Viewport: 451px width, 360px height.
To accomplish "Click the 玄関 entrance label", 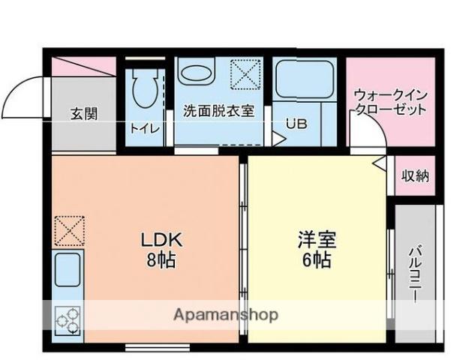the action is pos(84,114).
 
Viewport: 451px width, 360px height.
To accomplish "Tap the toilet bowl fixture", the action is pos(146,85).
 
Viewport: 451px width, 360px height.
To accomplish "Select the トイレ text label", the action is pos(144,128).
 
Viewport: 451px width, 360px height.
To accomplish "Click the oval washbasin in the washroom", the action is pos(196,73).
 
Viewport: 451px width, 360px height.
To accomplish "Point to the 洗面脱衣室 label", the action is pos(218,111).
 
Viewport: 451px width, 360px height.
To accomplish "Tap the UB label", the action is pos(296,124).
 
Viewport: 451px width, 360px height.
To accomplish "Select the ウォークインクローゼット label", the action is pos(390,102).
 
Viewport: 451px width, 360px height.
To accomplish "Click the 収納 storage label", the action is pos(415,175).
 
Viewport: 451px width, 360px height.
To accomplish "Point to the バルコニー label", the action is pos(415,275).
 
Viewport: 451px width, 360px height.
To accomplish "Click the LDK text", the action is pos(161,239).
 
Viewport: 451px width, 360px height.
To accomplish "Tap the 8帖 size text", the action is pos(161,260).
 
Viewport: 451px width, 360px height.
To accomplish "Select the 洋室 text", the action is pos(317,239).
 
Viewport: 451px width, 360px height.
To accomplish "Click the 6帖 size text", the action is pos(317,260).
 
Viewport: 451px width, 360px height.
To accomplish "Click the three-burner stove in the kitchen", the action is pos(68,320).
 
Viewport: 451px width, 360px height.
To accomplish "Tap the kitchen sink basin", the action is pos(68,270).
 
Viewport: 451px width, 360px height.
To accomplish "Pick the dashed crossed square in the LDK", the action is pos(69,231).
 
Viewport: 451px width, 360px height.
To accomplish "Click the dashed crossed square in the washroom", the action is pos(245,74).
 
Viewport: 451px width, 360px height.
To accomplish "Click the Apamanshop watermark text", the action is pos(226,315).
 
